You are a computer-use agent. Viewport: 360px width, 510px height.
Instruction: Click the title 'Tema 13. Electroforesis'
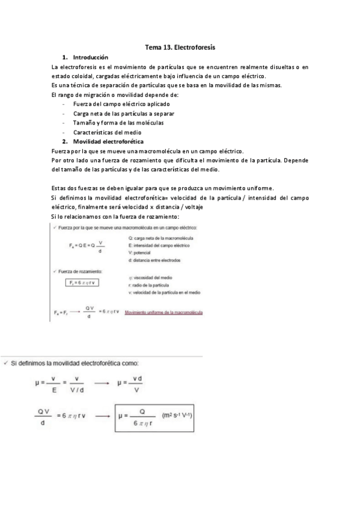pyautogui.click(x=180, y=46)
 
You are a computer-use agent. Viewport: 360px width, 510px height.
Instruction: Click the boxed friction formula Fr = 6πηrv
pyautogui.click(x=82, y=281)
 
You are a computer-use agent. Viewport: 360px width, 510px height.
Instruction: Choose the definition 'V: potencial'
pyautogui.click(x=142, y=253)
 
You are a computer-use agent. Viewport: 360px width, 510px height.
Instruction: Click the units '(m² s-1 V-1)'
pyautogui.click(x=183, y=416)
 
